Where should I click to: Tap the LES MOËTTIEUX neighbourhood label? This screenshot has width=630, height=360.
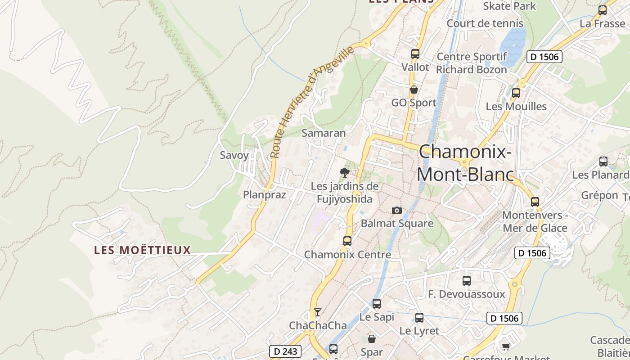(x=143, y=250)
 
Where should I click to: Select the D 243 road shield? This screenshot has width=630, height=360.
(x=285, y=351)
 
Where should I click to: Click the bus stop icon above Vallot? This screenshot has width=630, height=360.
(x=415, y=54)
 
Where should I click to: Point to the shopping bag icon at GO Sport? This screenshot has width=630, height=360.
(x=414, y=90)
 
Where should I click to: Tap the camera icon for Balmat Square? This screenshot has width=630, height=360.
(x=396, y=210)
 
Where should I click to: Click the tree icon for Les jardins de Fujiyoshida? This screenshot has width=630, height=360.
(x=344, y=172)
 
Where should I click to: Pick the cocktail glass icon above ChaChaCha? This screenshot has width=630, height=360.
(x=318, y=312)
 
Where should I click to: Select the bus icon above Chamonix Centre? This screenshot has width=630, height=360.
(x=347, y=241)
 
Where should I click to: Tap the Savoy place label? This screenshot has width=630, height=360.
(x=234, y=156)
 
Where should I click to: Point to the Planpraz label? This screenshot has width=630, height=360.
(x=265, y=195)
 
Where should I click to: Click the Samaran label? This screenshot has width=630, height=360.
(x=324, y=133)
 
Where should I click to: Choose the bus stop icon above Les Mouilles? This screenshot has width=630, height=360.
(x=516, y=93)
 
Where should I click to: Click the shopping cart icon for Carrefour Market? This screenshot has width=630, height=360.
(x=506, y=346)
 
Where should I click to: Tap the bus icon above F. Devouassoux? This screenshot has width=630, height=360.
(x=466, y=281)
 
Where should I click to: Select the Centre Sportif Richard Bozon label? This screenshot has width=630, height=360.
(x=472, y=63)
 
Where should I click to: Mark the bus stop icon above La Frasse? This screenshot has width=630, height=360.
(x=602, y=10)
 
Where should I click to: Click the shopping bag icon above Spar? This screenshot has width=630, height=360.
(x=372, y=338)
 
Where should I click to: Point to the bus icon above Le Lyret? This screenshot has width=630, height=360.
(x=419, y=318)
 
